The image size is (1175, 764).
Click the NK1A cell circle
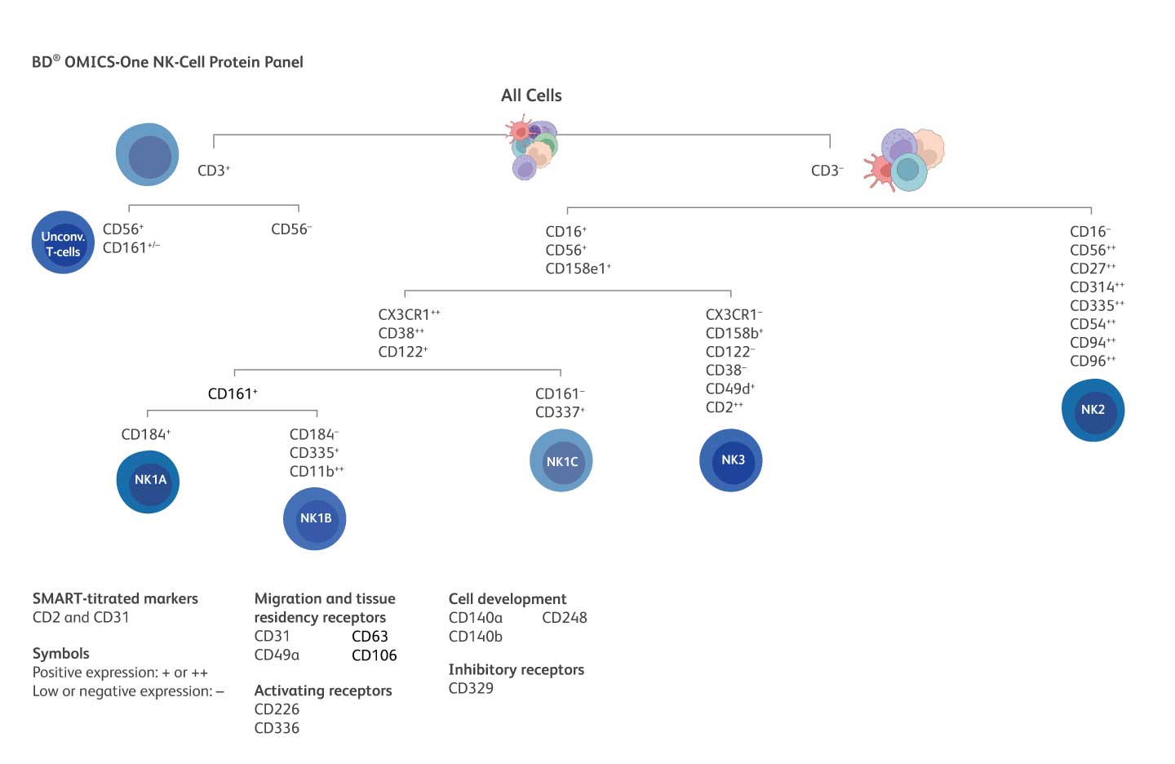(x=148, y=481)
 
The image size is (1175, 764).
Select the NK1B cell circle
(x=315, y=519)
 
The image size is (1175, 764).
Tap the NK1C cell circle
(x=561, y=461)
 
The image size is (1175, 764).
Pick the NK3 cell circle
(x=731, y=460)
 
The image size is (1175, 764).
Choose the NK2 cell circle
(x=1093, y=410)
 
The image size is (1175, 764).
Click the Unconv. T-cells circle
(x=63, y=242)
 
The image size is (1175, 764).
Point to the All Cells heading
(x=531, y=95)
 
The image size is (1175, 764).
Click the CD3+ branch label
(x=214, y=171)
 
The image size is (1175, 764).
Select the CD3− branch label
(x=827, y=171)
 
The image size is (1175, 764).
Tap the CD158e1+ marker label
(x=578, y=269)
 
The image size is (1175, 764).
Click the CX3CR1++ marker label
(x=409, y=314)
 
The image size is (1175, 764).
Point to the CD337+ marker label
(x=560, y=412)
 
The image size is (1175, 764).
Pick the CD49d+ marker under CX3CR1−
(x=730, y=389)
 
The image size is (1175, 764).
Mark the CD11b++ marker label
(x=317, y=471)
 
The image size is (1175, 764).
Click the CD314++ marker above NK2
(x=1097, y=286)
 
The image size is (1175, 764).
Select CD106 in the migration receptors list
(x=374, y=655)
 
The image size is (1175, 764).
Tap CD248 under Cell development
(x=564, y=618)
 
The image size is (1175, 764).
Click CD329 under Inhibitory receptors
(x=471, y=688)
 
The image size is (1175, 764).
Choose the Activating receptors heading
(x=323, y=691)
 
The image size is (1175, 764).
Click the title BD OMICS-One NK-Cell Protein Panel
(x=167, y=62)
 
